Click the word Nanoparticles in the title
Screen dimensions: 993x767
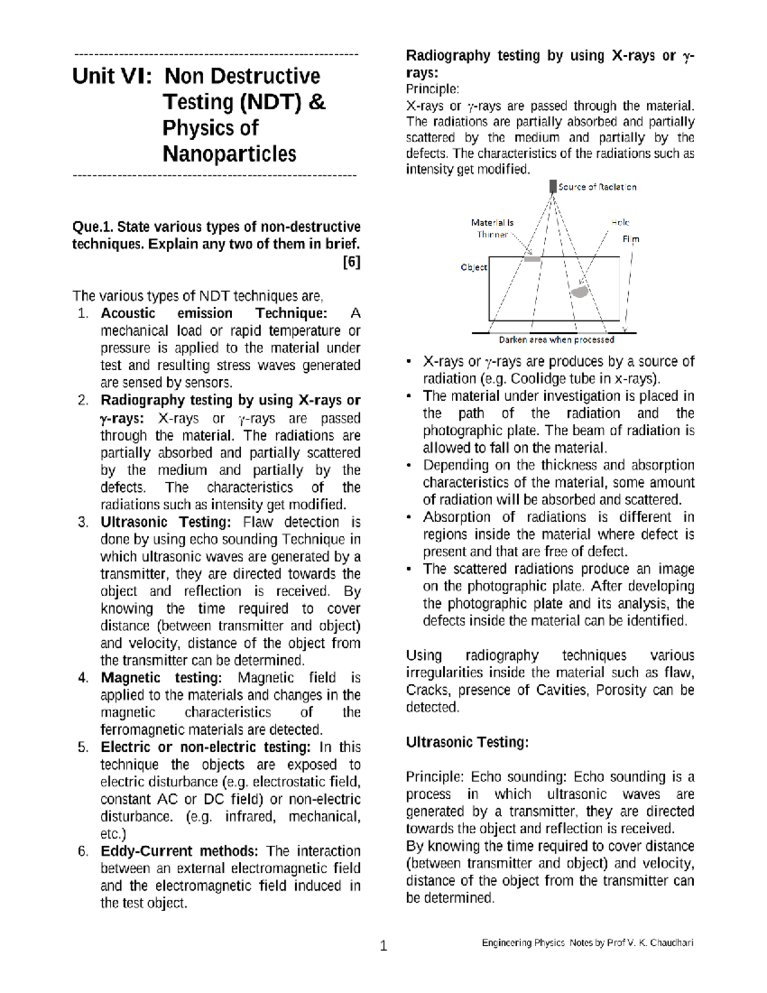229,154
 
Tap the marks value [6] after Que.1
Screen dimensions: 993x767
352,262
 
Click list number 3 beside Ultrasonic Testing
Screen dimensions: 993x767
83,522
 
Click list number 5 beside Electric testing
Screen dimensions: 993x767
83,747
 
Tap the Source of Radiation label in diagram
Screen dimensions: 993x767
597,187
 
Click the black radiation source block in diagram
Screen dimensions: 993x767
553,187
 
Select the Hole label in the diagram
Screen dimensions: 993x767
620,223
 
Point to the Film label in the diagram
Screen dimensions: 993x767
631,239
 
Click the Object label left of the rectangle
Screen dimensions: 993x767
474,268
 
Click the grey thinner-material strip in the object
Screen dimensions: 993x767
532,260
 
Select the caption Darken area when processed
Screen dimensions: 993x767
556,340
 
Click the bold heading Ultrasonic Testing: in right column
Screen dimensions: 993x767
467,742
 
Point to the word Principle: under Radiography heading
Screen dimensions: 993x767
433,88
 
